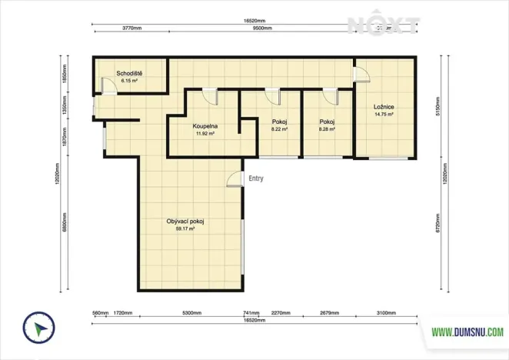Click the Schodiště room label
129,74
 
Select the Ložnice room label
384,107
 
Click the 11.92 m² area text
205,132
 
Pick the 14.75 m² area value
384,114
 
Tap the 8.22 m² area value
279,129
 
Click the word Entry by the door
256,178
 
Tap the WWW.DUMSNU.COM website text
467,332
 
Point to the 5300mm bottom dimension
191,314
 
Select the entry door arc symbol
232,182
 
